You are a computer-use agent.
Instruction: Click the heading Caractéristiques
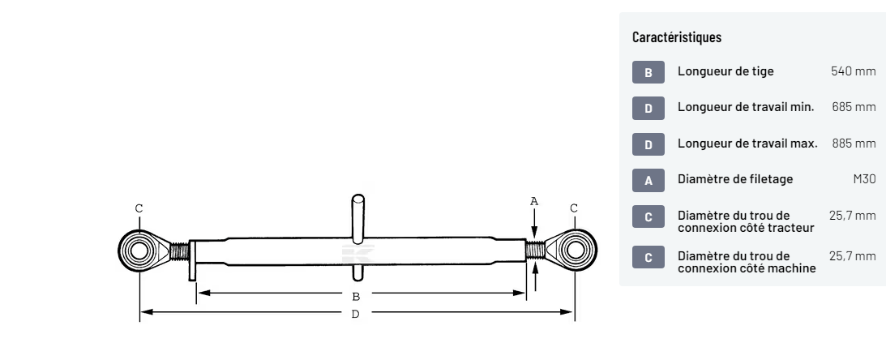click(x=676, y=37)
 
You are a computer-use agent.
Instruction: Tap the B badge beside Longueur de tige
click(x=648, y=72)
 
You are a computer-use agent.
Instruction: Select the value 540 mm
click(x=854, y=71)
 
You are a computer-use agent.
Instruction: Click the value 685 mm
click(x=854, y=107)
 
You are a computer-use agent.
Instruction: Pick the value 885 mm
click(x=854, y=143)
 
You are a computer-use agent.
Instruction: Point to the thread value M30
click(x=865, y=179)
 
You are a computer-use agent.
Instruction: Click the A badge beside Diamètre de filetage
click(x=648, y=180)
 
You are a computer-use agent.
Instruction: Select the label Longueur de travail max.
click(x=747, y=143)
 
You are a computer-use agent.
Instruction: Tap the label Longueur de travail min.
click(x=746, y=107)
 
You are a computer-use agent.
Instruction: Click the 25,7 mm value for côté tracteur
click(x=853, y=216)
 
